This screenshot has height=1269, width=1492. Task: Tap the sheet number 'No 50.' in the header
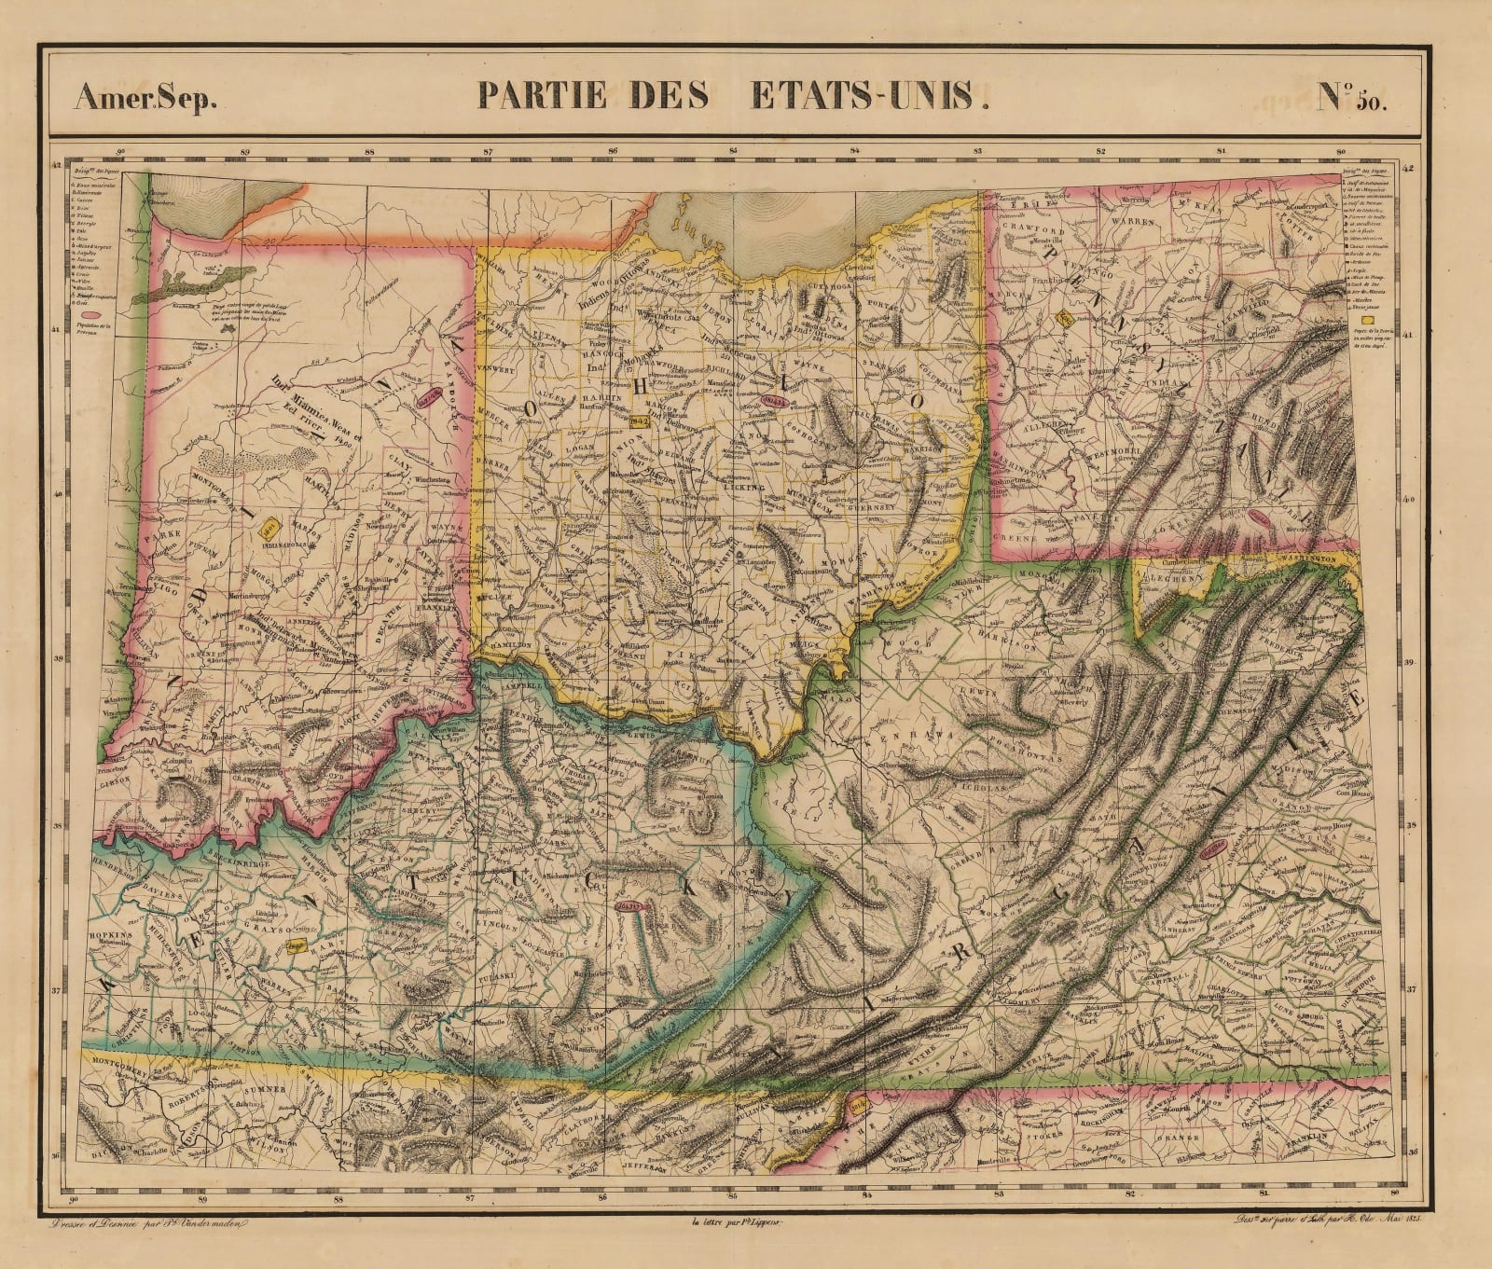pos(1352,98)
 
